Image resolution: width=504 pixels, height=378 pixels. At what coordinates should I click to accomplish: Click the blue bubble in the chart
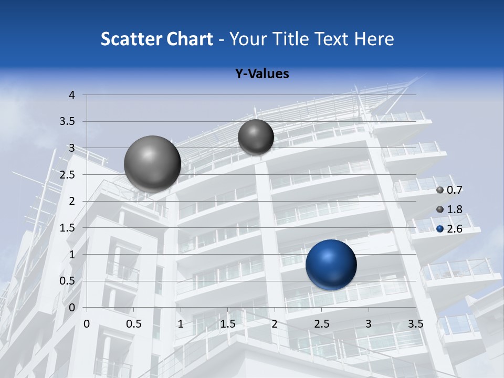[x=331, y=265]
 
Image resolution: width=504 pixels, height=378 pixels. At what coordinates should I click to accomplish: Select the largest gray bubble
[x=152, y=164]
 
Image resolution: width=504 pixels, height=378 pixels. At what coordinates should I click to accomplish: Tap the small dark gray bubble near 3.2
[x=256, y=137]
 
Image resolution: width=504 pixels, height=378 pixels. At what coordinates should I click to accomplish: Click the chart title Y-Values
[x=262, y=74]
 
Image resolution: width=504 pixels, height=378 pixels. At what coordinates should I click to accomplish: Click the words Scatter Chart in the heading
[x=157, y=39]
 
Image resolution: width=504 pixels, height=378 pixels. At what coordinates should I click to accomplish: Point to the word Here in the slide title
[x=374, y=39]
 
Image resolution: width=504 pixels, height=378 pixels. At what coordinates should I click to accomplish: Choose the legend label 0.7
[x=454, y=190]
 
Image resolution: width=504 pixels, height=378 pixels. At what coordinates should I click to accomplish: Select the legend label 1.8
[x=454, y=209]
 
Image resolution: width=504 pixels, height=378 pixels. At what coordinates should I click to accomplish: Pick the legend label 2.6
[x=454, y=229]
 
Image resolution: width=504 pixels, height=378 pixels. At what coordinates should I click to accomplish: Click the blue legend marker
[x=440, y=229]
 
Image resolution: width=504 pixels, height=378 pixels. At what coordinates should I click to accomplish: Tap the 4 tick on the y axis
[x=72, y=95]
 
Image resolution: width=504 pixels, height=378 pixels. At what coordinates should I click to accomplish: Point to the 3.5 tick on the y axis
[x=69, y=122]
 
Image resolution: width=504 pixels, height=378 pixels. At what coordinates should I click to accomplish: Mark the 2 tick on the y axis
[x=72, y=201]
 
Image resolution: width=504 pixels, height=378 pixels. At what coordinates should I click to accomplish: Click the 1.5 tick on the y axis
[x=69, y=228]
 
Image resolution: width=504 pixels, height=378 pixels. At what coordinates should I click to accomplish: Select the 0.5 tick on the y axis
[x=69, y=281]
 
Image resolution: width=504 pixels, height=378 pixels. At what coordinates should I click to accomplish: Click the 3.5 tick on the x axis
[x=415, y=324]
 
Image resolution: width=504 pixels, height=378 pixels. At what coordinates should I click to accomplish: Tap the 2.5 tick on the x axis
[x=321, y=324]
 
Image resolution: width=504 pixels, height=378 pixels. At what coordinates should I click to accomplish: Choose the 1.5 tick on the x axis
[x=227, y=324]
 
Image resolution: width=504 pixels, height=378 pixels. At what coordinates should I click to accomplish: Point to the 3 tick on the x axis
[x=368, y=324]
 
